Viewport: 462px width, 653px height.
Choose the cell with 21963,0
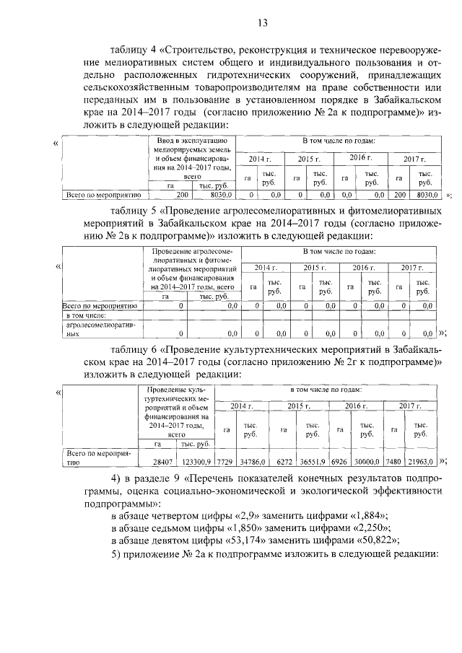pos(420,460)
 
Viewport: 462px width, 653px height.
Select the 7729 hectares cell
pos(225,460)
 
